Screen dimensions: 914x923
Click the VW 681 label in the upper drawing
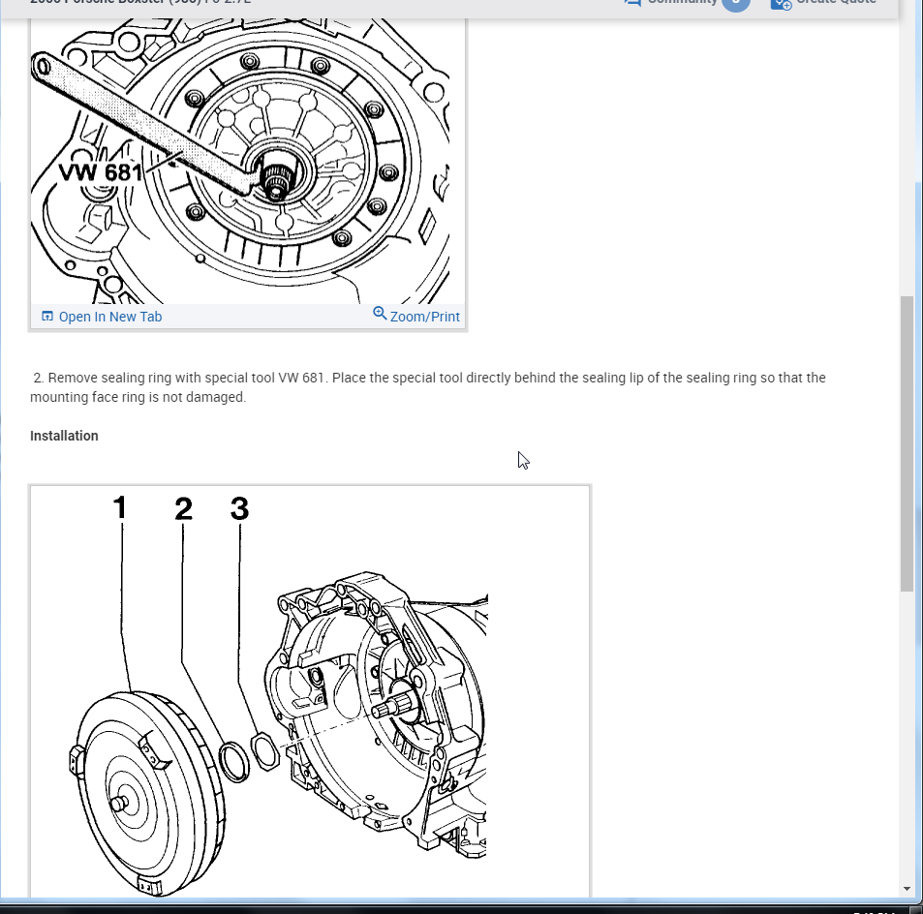tap(101, 172)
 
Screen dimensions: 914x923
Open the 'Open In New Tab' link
tap(109, 317)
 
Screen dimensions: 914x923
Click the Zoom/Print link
tap(424, 317)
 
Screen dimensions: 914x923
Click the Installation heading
tap(64, 436)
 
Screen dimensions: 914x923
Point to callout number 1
tap(120, 507)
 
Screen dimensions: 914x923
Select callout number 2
tap(183, 507)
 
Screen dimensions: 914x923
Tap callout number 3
tap(239, 507)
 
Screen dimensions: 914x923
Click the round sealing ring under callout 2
tap(233, 760)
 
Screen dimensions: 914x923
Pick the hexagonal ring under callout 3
tap(264, 750)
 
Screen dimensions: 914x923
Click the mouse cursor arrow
tap(523, 460)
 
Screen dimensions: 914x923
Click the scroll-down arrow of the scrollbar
tap(907, 888)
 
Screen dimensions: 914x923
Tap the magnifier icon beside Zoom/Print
tap(380, 314)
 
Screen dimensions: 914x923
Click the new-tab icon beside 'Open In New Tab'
tap(47, 317)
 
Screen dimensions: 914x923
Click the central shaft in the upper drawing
tap(275, 180)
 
